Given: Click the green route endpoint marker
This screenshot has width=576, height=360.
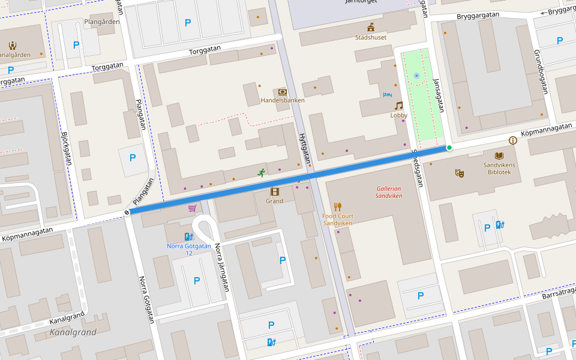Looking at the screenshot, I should [449, 148].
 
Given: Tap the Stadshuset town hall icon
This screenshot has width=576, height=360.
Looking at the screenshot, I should [371, 27].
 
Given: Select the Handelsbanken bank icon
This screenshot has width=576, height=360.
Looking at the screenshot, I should [283, 92].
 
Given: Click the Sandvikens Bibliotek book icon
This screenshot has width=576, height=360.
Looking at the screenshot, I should [499, 155].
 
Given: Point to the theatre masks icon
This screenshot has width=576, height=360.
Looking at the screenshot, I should [460, 173].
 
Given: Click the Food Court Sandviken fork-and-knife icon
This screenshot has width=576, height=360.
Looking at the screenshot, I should [337, 207].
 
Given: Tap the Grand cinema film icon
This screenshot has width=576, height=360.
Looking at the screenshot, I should [274, 191].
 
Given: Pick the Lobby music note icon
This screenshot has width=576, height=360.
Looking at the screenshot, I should [398, 106].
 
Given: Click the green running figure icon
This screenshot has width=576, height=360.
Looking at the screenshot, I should [262, 173].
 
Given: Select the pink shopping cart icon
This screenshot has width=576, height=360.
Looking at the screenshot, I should [192, 208].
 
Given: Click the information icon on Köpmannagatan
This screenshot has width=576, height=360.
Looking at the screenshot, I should [512, 140].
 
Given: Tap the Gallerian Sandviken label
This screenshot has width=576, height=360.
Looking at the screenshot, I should [389, 192].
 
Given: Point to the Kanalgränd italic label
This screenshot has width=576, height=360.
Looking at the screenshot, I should [73, 332].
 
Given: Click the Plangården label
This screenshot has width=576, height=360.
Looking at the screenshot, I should [102, 22].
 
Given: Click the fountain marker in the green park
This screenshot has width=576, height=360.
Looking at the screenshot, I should [416, 76].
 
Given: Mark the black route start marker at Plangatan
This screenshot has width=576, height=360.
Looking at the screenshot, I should [127, 211].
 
